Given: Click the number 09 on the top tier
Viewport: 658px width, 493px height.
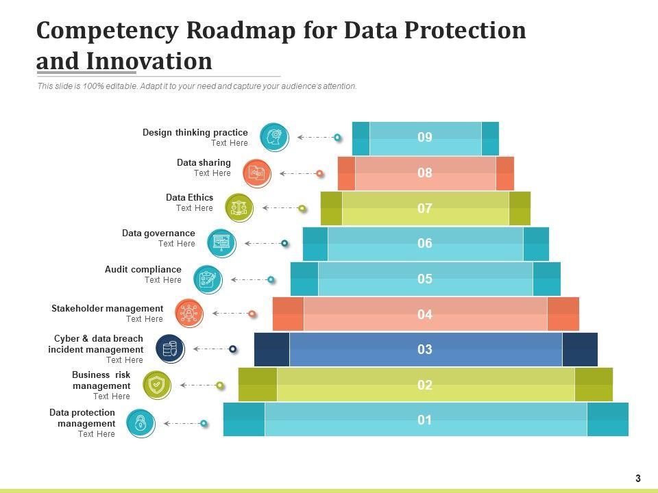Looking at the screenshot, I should coord(425,138).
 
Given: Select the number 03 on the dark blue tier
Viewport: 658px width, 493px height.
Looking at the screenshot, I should coord(425,350).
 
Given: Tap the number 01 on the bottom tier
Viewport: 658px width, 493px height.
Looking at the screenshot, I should coord(425,420).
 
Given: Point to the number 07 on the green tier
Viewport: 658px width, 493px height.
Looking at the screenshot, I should coord(425,208).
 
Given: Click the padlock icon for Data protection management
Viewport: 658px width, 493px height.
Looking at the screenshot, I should coord(141,422).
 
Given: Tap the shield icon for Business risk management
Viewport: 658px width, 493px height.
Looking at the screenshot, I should coord(157,385).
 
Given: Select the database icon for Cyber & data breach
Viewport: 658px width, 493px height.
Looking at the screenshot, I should coord(170,349).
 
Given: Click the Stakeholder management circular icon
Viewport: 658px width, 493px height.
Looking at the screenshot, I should coord(188,313).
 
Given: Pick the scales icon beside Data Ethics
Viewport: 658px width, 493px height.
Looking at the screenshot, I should coord(239,207).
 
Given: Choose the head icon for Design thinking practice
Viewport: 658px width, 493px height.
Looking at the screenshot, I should coord(275,137).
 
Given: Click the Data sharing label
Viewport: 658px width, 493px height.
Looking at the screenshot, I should coord(204,163).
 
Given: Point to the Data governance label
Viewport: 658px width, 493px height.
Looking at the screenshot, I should coord(158,233).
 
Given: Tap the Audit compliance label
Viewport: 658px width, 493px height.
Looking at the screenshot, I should coord(143,270).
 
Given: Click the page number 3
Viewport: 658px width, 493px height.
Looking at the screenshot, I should coord(638,479).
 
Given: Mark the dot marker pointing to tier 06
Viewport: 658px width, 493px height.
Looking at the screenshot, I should coord(284,243).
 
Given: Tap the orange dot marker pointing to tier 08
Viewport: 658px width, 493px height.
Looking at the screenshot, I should coord(319,173).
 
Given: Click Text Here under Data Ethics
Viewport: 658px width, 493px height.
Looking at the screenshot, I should coord(195,208).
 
